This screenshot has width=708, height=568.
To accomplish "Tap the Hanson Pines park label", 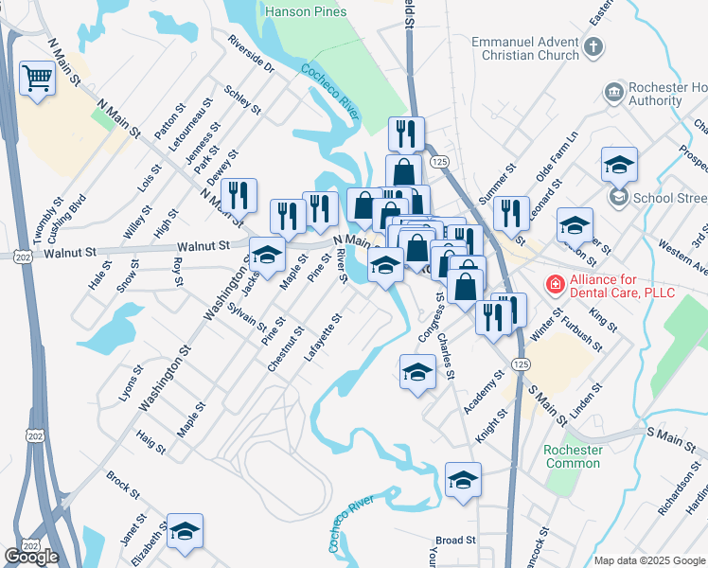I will [306, 11].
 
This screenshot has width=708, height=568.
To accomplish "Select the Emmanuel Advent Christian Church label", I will [526, 48].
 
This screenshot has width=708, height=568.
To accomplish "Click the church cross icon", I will [593, 46].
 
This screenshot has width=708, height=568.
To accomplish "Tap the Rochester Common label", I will [573, 456].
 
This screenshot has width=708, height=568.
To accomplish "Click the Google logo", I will [31, 557].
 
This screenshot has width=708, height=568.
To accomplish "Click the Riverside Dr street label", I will [251, 54].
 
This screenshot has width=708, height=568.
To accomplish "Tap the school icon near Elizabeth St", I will [186, 531].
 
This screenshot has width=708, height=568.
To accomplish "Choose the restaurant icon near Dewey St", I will [239, 197].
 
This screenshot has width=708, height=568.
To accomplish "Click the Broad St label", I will [456, 540].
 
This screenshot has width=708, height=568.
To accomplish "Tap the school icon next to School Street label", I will [619, 166].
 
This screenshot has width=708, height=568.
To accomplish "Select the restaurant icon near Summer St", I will [511, 214].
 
